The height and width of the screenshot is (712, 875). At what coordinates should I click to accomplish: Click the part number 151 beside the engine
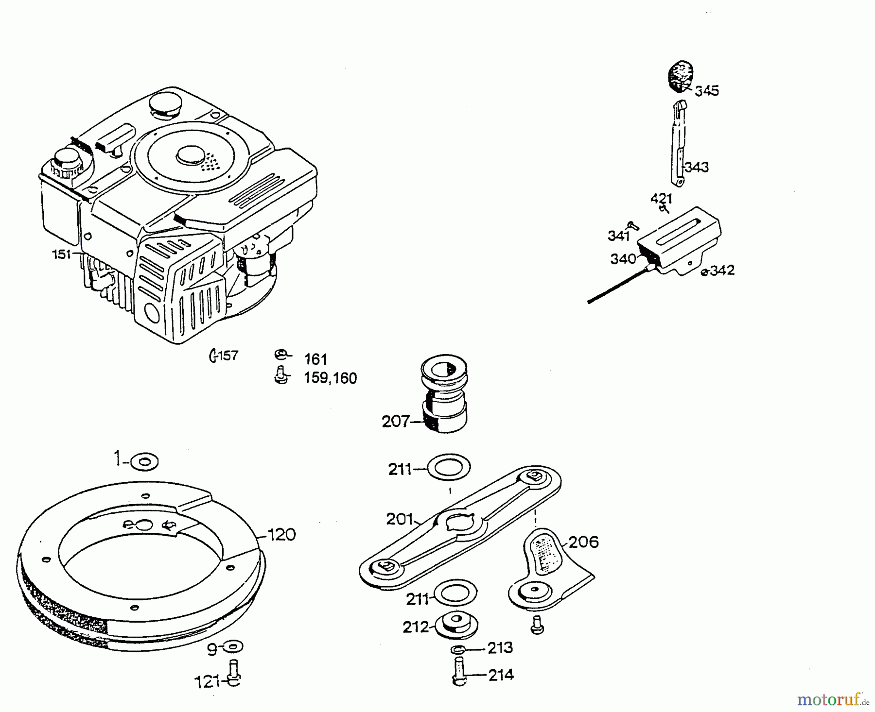[x=61, y=254]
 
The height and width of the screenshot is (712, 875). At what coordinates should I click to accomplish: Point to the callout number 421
[x=662, y=198]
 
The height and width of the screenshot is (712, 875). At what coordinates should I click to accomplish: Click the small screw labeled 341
[x=632, y=224]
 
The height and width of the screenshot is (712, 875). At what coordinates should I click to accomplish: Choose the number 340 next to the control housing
[x=623, y=259]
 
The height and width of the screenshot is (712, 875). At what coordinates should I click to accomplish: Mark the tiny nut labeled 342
[x=704, y=272]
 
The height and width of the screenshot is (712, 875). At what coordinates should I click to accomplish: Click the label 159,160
[x=330, y=378]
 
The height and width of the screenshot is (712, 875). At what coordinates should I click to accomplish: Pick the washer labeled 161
[x=280, y=355]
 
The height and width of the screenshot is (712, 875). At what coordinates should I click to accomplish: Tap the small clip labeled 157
[x=212, y=356]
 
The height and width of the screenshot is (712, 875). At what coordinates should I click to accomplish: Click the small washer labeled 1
[x=144, y=461]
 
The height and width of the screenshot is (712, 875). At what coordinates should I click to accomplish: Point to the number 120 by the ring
[x=281, y=535]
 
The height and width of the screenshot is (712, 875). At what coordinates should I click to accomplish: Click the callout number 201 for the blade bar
[x=400, y=519]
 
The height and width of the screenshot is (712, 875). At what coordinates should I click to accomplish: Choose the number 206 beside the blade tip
[x=583, y=542]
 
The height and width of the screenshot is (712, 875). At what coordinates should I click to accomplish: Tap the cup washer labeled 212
[x=457, y=626]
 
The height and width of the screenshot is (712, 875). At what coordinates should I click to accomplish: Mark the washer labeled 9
[x=234, y=647]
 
